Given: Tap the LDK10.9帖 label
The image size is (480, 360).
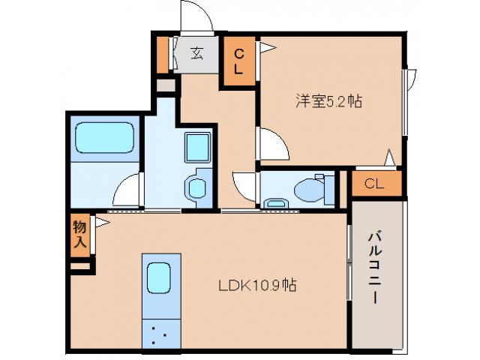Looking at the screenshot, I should [256, 286].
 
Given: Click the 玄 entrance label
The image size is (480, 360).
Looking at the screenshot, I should [196, 53].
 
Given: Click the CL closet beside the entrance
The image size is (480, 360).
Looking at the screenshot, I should [238, 61].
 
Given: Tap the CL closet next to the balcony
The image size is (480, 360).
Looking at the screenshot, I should [375, 184].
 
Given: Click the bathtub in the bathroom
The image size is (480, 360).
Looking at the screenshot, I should [103, 138].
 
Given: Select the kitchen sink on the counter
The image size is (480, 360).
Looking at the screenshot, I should [160, 279].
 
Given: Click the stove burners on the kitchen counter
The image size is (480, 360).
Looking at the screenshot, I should [159, 332].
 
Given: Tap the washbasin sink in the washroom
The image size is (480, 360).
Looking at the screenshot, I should [197, 187].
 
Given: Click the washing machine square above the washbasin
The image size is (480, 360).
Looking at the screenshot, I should [198, 147].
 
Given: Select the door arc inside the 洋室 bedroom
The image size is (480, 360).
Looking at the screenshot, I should [273, 142].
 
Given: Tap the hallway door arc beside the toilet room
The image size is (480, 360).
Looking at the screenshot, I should [245, 186].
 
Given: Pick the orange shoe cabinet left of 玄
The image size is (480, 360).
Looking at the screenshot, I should [163, 53].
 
